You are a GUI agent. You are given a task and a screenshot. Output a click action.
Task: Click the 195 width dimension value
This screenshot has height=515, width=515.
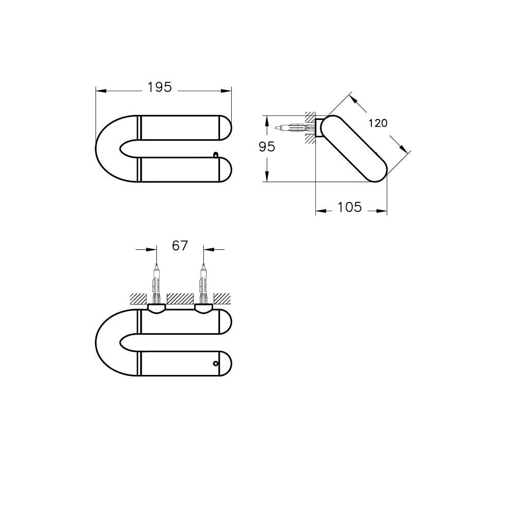pyautogui.click(x=159, y=88)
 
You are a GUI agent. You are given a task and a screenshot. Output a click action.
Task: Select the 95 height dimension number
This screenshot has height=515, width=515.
pyautogui.click(x=267, y=147)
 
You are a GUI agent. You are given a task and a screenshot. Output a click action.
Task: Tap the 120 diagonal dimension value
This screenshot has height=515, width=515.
pyautogui.click(x=378, y=123)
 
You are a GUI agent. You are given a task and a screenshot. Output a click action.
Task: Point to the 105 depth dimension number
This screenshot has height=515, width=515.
pyautogui.click(x=350, y=207)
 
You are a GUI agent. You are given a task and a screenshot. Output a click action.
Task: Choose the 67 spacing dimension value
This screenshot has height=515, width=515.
pyautogui.click(x=180, y=246)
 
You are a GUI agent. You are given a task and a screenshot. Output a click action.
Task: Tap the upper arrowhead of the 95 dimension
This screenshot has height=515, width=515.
pyautogui.click(x=267, y=119)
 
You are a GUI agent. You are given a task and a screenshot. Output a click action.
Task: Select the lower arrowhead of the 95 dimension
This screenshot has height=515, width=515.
pyautogui.click(x=267, y=177)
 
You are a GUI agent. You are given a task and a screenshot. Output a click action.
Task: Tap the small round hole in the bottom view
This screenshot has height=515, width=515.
pyautogui.click(x=216, y=364)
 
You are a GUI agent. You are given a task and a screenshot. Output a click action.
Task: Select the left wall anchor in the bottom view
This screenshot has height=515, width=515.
pyautogui.click(x=157, y=286)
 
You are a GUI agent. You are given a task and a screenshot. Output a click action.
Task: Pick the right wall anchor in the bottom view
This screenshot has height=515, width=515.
pyautogui.click(x=203, y=286)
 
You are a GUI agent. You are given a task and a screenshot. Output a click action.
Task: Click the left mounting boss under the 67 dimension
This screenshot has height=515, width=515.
pyautogui.click(x=157, y=308)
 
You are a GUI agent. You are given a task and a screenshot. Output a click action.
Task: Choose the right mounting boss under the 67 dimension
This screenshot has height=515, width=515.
pyautogui.click(x=203, y=308)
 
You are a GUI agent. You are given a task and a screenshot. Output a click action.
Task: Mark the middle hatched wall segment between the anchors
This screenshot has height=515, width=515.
pyautogui.click(x=180, y=298)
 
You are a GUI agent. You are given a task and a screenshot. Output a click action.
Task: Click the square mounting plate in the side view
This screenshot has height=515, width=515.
pyautogui.click(x=319, y=128)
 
